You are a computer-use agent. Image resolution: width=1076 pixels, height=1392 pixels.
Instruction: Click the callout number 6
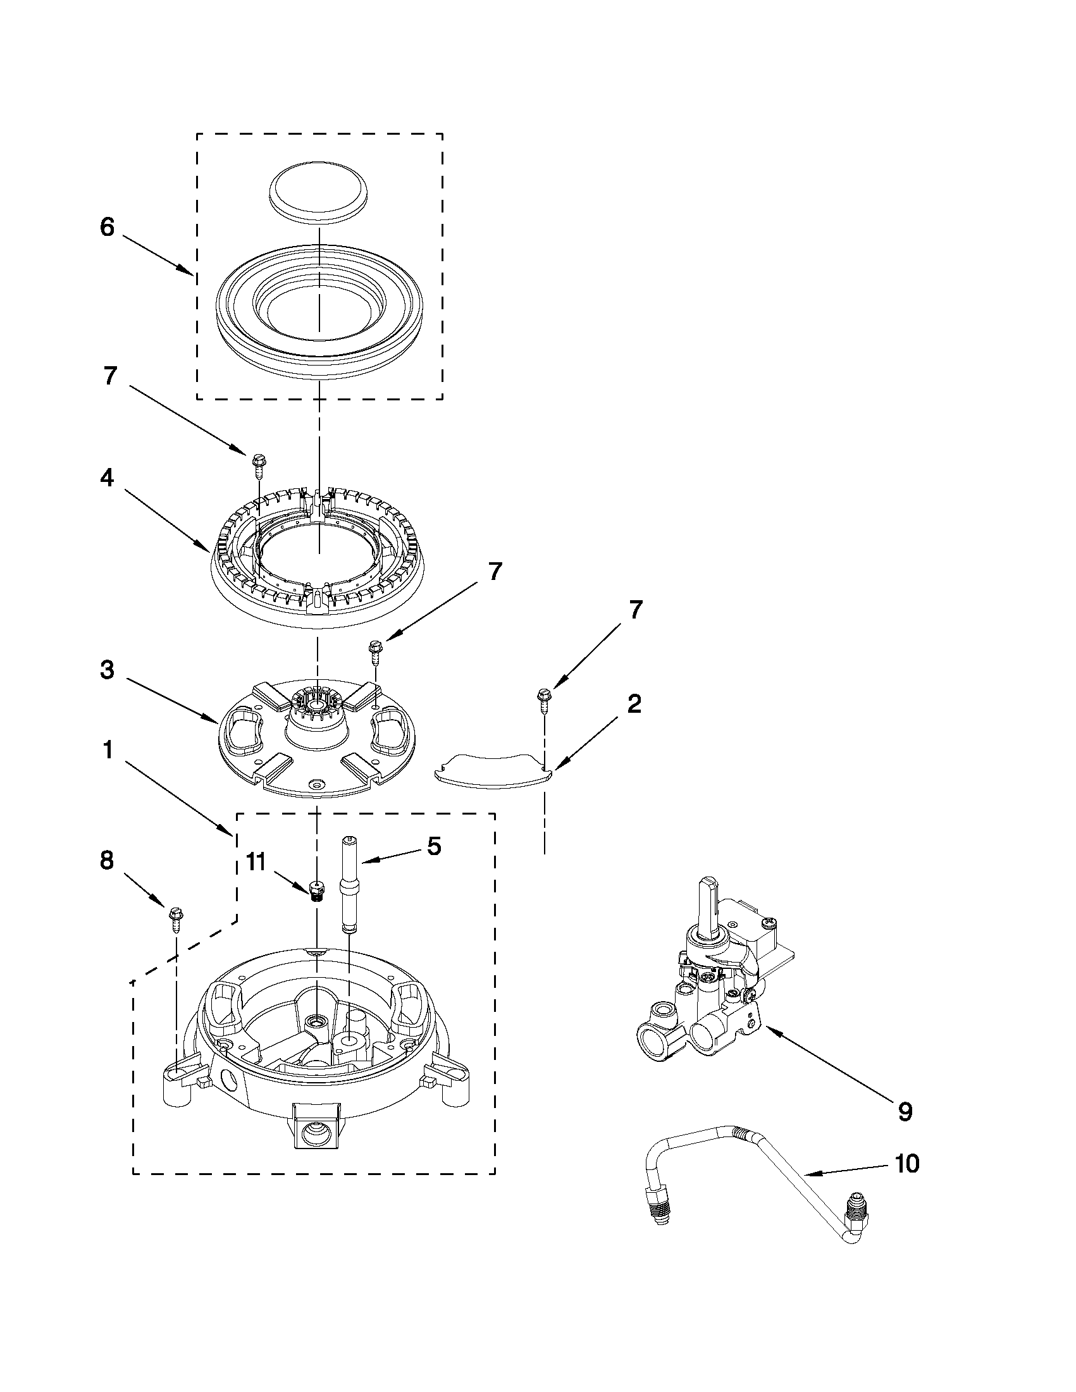107,228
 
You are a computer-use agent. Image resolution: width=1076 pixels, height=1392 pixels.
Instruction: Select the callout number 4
107,478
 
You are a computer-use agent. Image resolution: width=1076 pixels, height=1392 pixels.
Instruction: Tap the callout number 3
107,670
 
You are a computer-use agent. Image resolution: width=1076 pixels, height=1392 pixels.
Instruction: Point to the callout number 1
107,750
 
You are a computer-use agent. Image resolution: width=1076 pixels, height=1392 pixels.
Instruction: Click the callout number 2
634,705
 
